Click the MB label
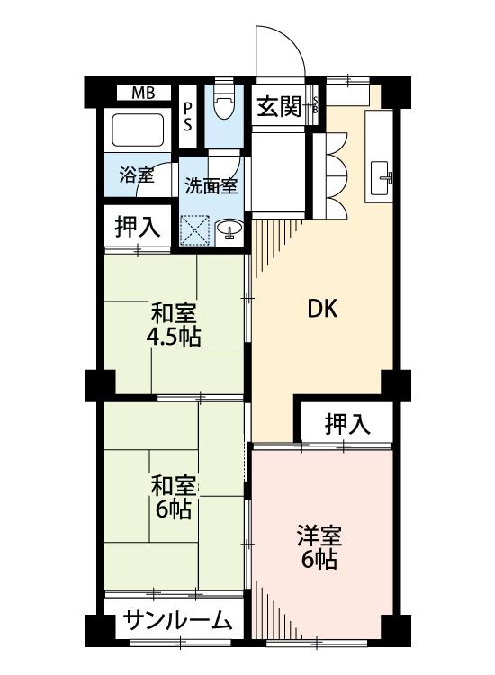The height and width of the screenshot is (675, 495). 143,93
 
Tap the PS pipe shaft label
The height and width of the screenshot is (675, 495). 188,117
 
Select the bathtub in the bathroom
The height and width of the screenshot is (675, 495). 138,130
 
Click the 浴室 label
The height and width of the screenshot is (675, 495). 136,175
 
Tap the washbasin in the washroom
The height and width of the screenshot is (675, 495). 229,229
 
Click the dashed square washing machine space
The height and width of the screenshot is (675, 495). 194,230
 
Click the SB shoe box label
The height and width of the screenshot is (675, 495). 315,104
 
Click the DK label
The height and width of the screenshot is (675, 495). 323,309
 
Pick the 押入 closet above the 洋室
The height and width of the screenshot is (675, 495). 347,424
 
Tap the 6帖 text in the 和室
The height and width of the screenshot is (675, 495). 174,509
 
